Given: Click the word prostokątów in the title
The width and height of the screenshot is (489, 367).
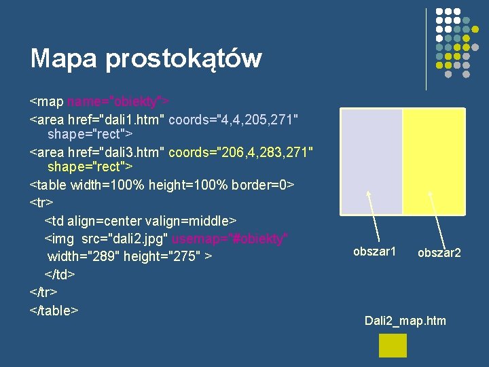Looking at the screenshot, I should (x=183, y=59).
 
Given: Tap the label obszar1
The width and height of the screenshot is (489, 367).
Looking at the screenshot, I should (x=374, y=252).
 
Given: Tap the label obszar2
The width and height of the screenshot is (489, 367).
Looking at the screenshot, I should (x=439, y=253).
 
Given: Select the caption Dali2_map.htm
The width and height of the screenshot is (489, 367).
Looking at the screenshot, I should (x=405, y=320).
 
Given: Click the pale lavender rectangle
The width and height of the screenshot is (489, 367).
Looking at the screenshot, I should (x=371, y=162).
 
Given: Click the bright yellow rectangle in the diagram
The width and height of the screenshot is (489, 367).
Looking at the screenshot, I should (x=433, y=162).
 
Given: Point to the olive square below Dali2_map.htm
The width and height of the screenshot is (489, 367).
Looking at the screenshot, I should (x=393, y=345).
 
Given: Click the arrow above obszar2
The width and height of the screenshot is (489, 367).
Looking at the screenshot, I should (x=437, y=217).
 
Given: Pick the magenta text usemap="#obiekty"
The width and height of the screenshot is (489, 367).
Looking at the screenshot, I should (x=230, y=239).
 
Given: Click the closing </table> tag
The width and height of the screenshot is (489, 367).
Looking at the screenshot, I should (x=54, y=310).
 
